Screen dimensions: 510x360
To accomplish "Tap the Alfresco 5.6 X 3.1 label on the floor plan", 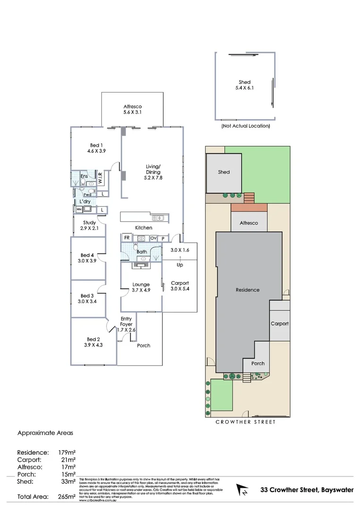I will (x=133, y=110).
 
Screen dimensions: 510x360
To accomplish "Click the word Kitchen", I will (x=144, y=228).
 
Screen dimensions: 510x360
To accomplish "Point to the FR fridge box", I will (x=126, y=238).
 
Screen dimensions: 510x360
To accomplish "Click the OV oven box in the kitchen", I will (x=153, y=238).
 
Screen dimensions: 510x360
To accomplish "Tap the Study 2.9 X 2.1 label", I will (x=90, y=225).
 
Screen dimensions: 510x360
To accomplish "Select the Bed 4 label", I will (x=87, y=258).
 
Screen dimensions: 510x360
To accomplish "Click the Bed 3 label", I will (x=87, y=298).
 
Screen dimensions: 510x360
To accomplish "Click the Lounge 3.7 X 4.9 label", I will (x=141, y=287).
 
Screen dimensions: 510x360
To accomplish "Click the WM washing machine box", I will (x=79, y=210).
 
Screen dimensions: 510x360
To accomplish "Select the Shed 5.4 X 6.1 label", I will (x=244, y=85).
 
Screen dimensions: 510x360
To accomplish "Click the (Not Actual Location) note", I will (x=245, y=127).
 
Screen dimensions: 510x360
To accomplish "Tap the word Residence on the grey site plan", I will (x=247, y=290).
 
